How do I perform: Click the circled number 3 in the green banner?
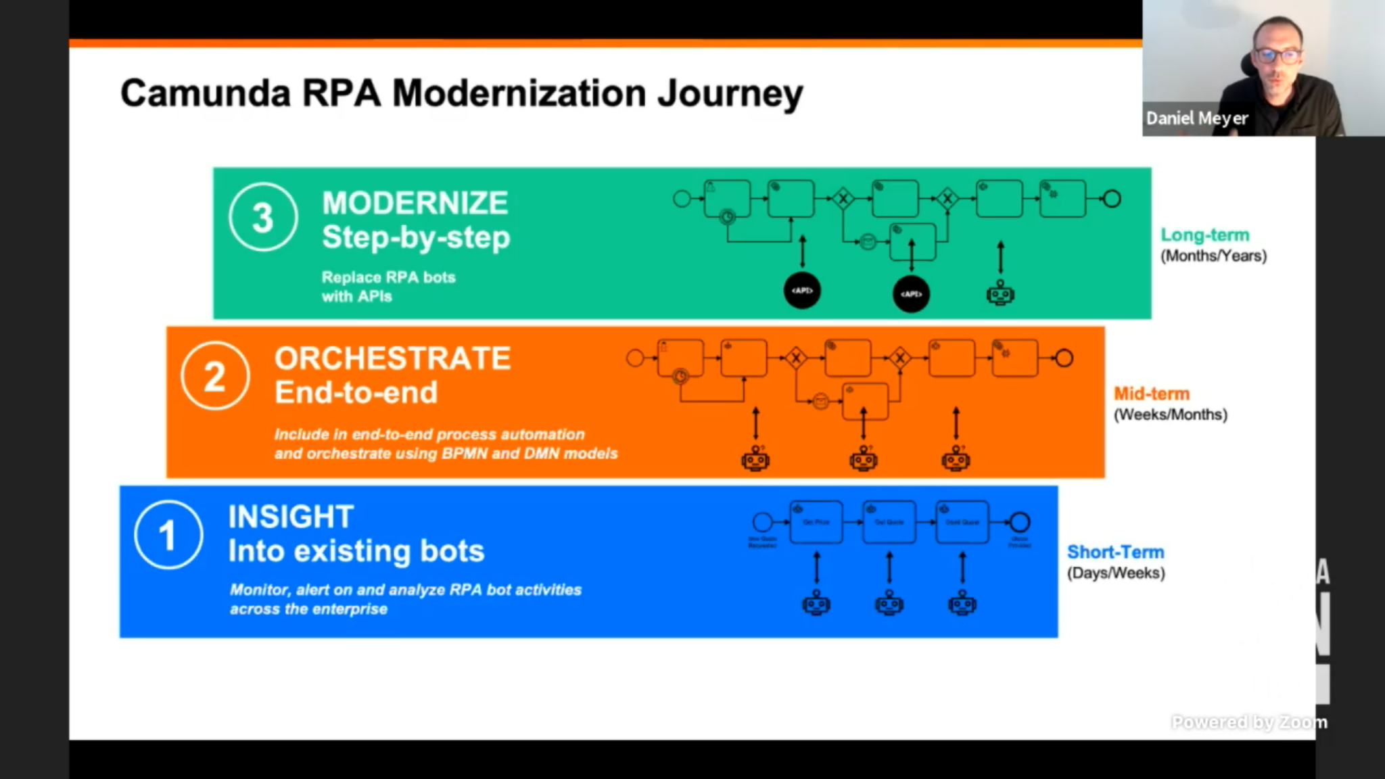point(262,218)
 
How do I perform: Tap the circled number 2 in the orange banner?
point(214,376)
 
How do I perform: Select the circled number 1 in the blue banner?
point(168,535)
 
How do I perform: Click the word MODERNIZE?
point(415,203)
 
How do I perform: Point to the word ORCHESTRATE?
point(392,358)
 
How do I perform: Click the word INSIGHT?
point(291,517)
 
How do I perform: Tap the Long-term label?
point(1204,235)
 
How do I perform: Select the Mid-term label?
point(1151,394)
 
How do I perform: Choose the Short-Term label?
point(1115,552)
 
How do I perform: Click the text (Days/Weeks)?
point(1116,573)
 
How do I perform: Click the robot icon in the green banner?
point(1000,294)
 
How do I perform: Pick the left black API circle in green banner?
point(802,291)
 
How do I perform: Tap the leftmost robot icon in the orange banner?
point(755,460)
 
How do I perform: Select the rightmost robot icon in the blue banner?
point(962,603)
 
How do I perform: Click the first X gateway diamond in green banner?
point(843,199)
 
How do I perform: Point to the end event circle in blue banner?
point(1020,522)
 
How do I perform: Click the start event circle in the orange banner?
point(635,358)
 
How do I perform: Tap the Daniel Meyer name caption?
point(1196,118)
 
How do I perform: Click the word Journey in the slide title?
point(730,93)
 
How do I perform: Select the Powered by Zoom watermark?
point(1248,722)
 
